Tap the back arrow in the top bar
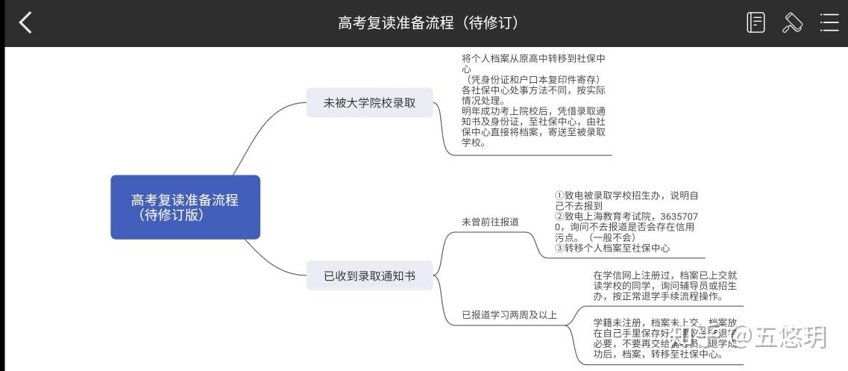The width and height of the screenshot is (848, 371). point(25,23)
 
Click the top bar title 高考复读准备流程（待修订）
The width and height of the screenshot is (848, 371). point(428,23)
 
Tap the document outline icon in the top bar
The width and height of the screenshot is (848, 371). point(756,23)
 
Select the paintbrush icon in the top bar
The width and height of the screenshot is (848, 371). point(792,23)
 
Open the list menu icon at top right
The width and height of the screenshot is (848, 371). point(829,23)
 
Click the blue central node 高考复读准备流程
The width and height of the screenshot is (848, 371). point(185,207)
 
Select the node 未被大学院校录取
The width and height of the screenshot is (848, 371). point(369,103)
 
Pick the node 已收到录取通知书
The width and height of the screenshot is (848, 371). point(369,276)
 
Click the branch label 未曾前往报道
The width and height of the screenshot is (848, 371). point(490,222)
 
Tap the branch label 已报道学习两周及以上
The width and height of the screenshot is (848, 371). point(509,314)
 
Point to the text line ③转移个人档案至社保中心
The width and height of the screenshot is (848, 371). point(602,248)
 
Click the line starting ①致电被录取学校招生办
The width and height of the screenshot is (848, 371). point(626,196)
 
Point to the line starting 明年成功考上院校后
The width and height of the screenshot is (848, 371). point(533,111)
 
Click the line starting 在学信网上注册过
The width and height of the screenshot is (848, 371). point(665,275)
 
